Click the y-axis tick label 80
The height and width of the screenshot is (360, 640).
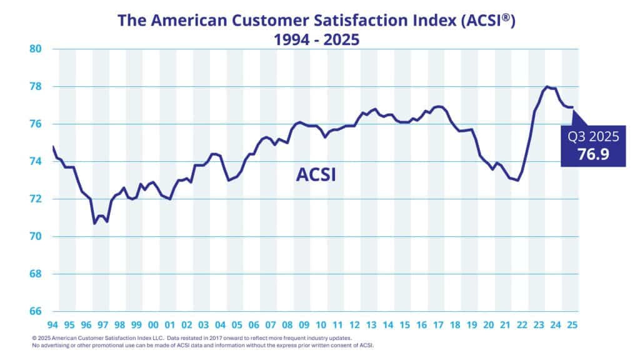(x=34, y=49)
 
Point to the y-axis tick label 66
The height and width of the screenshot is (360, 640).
(x=34, y=311)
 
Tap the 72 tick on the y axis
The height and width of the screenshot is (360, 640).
(x=34, y=199)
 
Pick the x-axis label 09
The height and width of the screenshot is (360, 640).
(x=304, y=325)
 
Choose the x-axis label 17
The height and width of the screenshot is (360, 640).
(x=437, y=325)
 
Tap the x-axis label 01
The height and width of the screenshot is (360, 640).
(x=169, y=325)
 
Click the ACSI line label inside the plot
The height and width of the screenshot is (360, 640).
(x=316, y=174)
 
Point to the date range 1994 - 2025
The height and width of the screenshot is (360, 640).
(x=320, y=39)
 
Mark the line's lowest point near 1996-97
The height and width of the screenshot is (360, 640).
(x=94, y=223)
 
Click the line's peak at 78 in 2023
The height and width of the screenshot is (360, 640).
(x=547, y=87)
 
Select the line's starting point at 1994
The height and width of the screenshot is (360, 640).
(x=53, y=147)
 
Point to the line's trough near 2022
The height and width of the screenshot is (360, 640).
(x=517, y=181)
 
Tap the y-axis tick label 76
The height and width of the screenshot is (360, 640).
(x=34, y=124)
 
